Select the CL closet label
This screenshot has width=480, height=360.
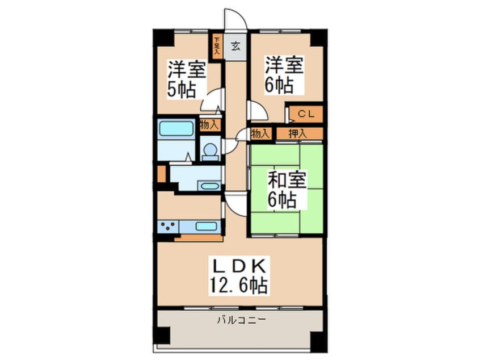[306, 114]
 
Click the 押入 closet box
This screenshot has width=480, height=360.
[298, 134]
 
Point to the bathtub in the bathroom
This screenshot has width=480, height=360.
[176, 129]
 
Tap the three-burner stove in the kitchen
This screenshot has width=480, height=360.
[167, 227]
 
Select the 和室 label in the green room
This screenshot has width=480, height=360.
[286, 181]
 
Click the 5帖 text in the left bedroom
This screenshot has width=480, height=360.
[181, 90]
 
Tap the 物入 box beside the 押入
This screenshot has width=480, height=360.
[260, 134]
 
